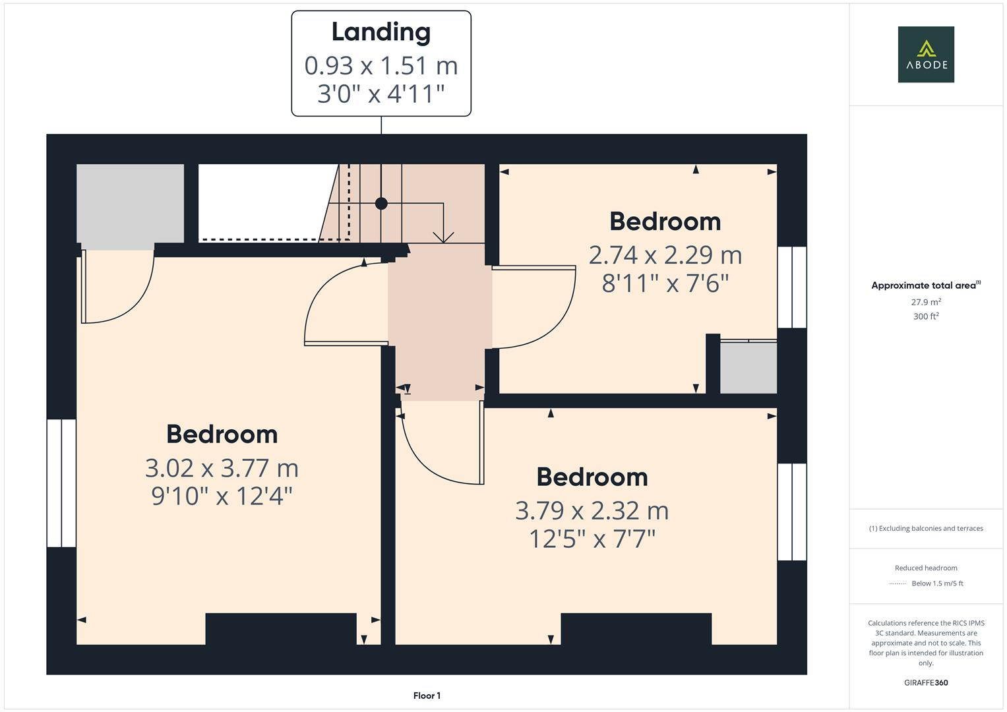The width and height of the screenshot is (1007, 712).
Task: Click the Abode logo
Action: (926, 55)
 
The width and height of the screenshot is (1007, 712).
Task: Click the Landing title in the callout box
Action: (381, 32)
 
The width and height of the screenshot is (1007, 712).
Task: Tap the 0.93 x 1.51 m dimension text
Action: (381, 65)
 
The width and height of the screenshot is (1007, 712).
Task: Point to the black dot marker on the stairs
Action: (381, 204)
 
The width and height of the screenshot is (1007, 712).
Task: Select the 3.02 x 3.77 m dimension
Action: (222, 468)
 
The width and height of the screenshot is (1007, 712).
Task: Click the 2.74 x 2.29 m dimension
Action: (665, 255)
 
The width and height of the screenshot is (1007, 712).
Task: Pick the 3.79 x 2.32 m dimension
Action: (592, 511)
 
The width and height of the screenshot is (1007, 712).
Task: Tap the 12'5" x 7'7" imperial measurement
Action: (592, 539)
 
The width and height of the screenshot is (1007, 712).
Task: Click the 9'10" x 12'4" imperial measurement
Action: (222, 496)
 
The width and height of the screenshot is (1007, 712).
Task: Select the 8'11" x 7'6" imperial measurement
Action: (665, 283)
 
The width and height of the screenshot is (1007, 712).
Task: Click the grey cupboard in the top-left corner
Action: (130, 203)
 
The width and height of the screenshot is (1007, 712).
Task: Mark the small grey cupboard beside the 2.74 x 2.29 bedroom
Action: (748, 367)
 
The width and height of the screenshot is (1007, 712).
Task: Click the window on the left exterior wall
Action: (61, 483)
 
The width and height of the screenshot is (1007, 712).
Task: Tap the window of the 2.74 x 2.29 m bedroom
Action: (792, 287)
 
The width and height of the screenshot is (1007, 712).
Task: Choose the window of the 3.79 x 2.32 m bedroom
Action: (792, 512)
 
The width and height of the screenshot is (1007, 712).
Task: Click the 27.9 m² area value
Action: (926, 302)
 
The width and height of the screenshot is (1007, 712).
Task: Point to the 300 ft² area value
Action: (926, 316)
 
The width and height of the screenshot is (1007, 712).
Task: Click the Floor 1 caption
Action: (427, 696)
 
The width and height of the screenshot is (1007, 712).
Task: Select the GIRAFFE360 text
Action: (926, 682)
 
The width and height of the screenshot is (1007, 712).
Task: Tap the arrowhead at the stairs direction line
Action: (443, 237)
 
